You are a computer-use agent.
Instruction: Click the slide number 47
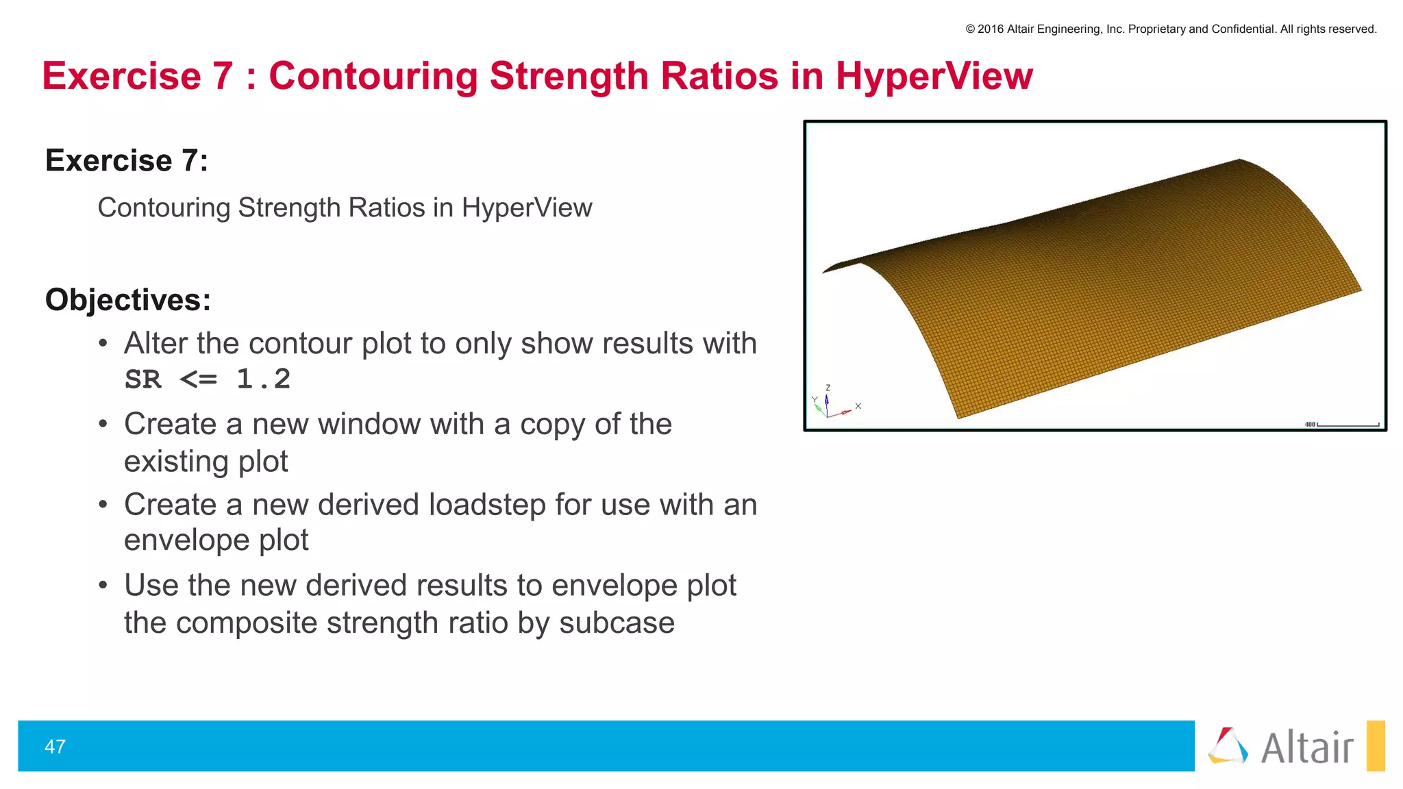[55, 747]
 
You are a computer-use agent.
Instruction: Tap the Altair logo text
[1307, 747]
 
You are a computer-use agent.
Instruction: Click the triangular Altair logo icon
[1228, 746]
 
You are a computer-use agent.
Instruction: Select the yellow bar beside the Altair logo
[1375, 746]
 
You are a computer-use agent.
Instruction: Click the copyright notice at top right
[1171, 29]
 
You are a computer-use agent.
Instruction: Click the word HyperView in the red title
[934, 75]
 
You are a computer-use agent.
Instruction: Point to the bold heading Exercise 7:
[127, 161]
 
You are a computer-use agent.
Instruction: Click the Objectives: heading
[128, 300]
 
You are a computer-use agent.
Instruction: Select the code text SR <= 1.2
[208, 379]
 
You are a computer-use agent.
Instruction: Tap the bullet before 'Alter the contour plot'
[103, 343]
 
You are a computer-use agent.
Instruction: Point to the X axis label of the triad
[858, 406]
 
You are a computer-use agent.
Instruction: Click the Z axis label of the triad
[828, 388]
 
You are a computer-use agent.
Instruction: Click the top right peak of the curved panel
[1240, 160]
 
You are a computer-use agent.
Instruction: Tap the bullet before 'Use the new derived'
[103, 586]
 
